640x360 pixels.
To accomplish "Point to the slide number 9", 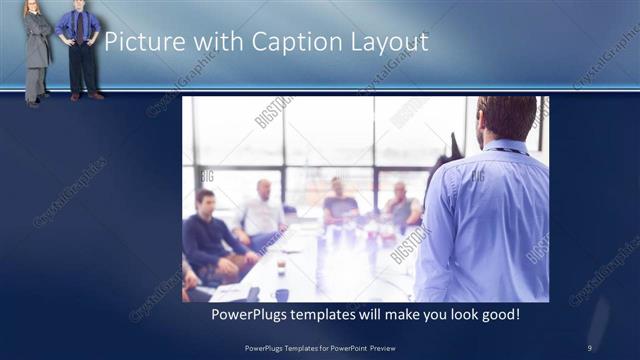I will coord(590,347).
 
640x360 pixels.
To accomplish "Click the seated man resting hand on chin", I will coord(402,206).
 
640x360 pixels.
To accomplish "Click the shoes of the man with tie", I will coord(87,96).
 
